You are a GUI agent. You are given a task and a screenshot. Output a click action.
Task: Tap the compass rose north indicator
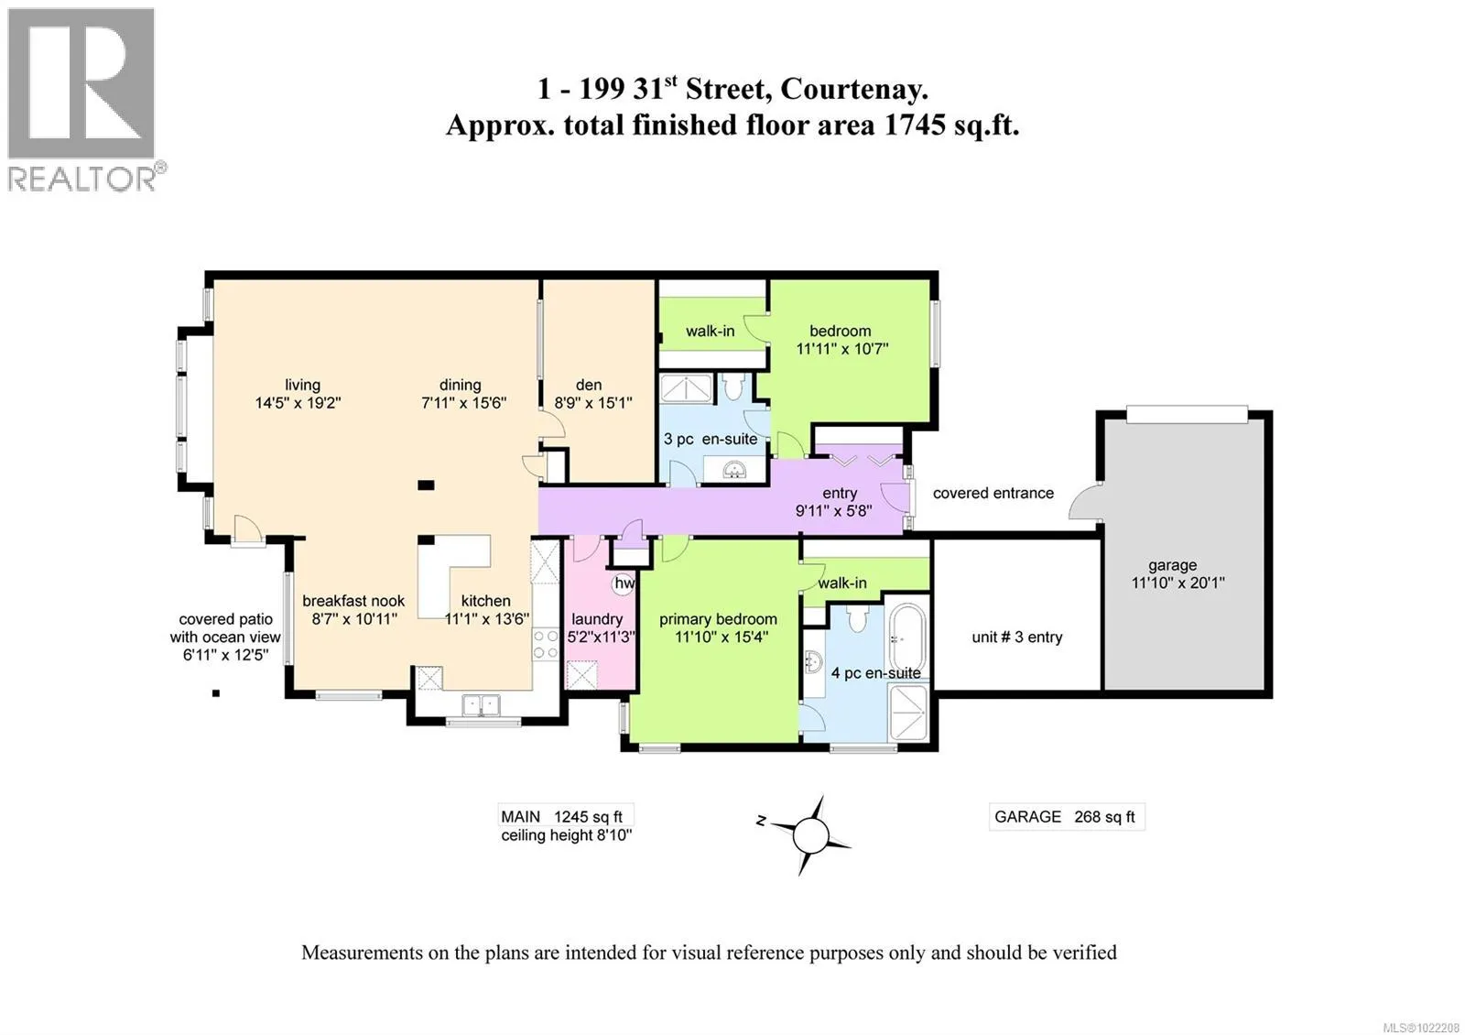(761, 820)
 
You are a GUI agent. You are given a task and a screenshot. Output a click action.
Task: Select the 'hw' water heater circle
(624, 583)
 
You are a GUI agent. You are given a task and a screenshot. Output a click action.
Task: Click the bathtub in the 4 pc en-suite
(907, 637)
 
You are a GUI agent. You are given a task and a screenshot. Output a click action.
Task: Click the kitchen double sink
(482, 705)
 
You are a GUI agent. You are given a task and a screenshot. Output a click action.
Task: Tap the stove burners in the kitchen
(545, 644)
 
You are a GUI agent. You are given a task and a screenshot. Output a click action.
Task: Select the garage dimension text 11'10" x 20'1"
(1177, 583)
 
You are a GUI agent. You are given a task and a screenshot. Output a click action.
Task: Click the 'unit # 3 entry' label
(1017, 637)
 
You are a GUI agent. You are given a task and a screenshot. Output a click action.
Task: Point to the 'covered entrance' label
(993, 493)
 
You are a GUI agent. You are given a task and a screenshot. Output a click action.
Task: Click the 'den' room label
(589, 385)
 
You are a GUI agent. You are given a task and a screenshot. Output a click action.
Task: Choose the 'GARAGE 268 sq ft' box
(1067, 816)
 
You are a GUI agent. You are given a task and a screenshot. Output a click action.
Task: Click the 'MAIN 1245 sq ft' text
(562, 816)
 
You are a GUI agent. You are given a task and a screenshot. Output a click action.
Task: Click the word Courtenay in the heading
(853, 89)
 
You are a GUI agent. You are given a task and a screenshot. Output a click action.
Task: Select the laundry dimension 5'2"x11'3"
(601, 637)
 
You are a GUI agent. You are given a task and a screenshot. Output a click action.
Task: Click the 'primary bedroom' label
(718, 619)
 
